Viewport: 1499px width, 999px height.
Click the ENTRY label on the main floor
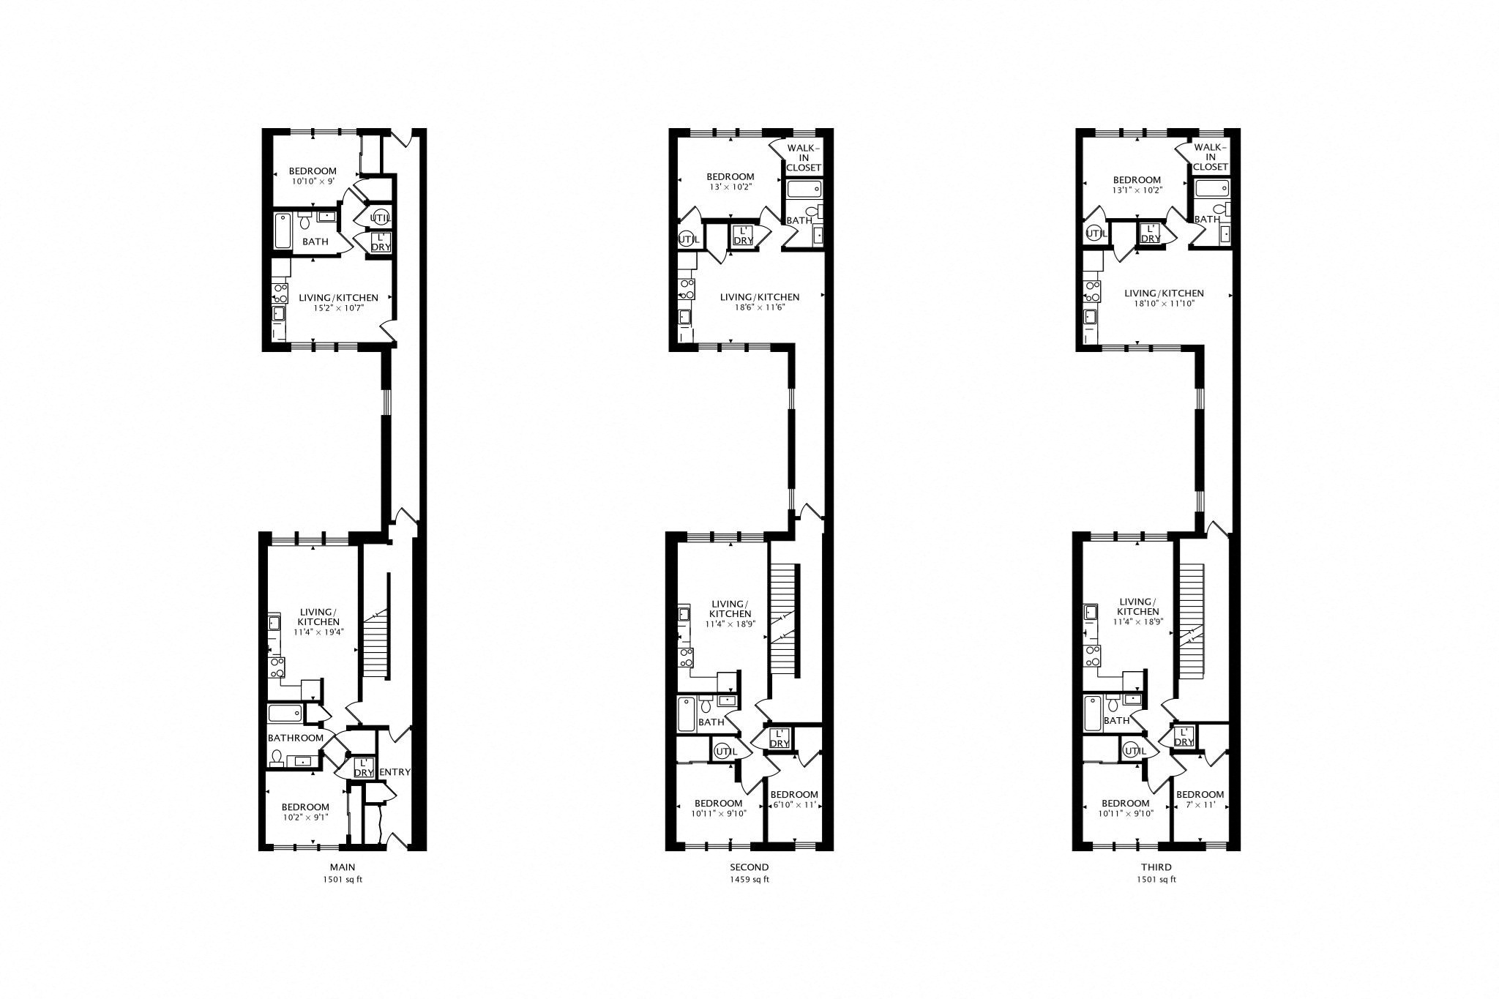396,772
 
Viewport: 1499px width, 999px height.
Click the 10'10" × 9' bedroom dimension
313,182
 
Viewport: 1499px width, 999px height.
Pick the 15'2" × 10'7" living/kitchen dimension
338,308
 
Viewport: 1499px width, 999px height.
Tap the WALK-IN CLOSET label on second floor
804,157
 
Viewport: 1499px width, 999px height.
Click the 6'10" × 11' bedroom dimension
793,804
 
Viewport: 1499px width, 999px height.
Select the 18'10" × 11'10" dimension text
1164,303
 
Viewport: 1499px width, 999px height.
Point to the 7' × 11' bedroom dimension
1200,804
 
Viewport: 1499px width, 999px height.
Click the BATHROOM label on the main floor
296,738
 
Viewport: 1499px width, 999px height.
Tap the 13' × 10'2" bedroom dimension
730,187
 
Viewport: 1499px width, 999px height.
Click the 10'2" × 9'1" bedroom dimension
306,817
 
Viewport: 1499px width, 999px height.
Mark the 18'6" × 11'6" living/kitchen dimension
760,307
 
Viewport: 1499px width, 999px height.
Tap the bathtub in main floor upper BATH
283,231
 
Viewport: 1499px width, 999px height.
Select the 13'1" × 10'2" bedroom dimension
1137,190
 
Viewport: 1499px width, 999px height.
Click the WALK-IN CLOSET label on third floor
1211,157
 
